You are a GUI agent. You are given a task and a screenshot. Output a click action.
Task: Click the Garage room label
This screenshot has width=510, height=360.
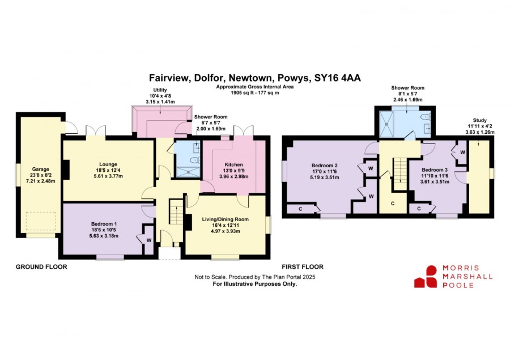coord(41,170)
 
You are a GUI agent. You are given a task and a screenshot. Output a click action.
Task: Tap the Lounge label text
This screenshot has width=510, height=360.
coord(108,164)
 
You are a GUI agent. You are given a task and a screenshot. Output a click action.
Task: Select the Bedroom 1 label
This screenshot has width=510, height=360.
coord(104,224)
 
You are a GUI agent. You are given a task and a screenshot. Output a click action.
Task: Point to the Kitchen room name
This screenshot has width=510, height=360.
coord(233,165)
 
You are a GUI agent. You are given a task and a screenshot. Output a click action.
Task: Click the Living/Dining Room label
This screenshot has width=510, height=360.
coord(226,219)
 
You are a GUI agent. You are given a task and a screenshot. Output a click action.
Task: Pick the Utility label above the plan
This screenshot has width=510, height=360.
coord(160,90)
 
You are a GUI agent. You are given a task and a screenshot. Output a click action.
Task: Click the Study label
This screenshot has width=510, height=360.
coord(480,120)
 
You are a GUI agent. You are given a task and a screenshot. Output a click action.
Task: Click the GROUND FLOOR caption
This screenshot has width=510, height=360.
coord(41,267)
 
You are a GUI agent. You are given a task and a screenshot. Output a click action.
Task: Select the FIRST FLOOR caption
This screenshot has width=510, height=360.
coord(303,267)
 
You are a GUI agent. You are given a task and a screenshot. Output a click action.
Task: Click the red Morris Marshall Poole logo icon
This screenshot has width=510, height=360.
coord(426,277)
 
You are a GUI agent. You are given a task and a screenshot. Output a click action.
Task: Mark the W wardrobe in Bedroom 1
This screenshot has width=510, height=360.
coord(148,240)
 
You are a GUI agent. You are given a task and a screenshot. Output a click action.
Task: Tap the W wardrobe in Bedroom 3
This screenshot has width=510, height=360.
coord(462,153)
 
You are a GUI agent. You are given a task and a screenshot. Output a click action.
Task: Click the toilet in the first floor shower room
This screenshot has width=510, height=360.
coord(425,117)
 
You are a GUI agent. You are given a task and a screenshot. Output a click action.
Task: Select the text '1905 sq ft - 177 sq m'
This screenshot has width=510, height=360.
coord(255,93)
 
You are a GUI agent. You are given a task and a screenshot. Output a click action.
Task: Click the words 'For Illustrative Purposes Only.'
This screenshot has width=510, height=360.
coord(255,284)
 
